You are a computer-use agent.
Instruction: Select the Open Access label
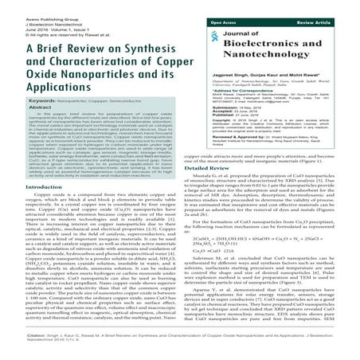pos(225,12)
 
